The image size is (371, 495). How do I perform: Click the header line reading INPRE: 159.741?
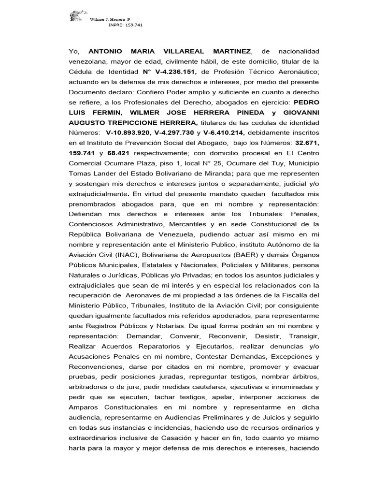click(x=126, y=25)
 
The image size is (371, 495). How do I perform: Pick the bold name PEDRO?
click(x=307, y=102)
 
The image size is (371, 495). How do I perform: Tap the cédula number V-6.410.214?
click(x=222, y=133)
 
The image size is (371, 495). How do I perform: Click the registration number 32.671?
click(x=307, y=143)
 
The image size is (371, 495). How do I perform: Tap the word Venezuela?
click(x=172, y=234)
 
